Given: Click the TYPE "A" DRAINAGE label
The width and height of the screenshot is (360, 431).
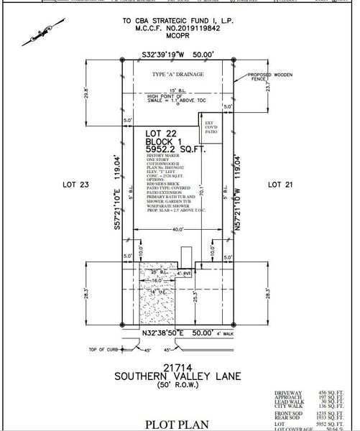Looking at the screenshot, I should [176, 74].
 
